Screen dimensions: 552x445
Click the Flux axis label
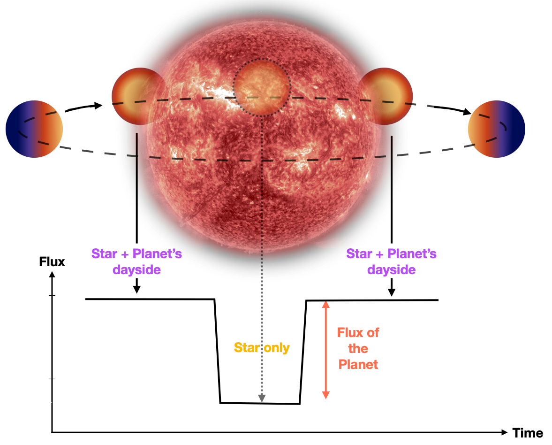[x=52, y=262]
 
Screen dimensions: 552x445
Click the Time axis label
[x=528, y=433]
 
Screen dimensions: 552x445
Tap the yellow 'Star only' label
[x=262, y=347]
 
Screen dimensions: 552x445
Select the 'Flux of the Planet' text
[x=358, y=348]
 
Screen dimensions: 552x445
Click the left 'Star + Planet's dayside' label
[x=136, y=261]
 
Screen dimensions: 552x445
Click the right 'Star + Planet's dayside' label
[x=392, y=261]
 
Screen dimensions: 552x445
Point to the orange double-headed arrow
[x=325, y=350]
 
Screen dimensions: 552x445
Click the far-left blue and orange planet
[x=34, y=129]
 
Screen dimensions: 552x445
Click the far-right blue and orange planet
[x=496, y=129]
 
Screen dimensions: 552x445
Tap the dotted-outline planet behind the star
[x=262, y=87]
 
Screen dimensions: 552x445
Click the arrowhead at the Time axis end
[x=504, y=432]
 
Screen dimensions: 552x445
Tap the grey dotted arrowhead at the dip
[x=262, y=398]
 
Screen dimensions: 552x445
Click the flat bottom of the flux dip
[x=260, y=403]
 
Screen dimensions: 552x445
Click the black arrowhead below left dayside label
[x=136, y=289]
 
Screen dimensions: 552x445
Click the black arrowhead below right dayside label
[x=392, y=292]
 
